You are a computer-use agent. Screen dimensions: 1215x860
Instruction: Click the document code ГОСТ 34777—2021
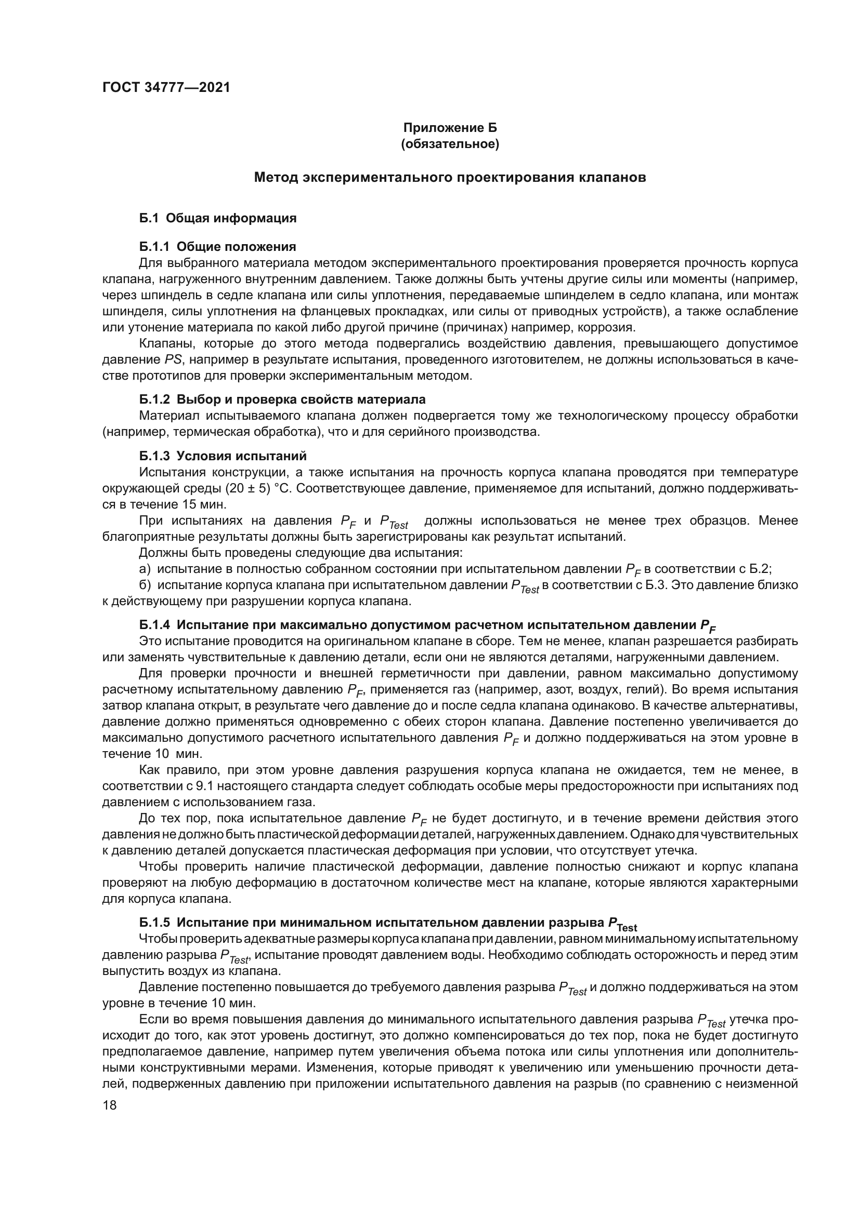(166, 87)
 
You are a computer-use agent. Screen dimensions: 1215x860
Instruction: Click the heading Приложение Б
(450, 128)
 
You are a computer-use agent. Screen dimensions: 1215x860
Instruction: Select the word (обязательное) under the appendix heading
(450, 144)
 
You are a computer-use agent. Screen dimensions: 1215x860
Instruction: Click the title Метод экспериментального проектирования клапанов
(450, 177)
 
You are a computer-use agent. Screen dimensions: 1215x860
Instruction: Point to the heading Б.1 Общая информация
(218, 218)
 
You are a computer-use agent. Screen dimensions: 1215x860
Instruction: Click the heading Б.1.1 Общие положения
(218, 247)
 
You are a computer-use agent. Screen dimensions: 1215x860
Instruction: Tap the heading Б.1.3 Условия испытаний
(223, 456)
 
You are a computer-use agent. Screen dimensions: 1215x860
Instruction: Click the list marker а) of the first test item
(145, 569)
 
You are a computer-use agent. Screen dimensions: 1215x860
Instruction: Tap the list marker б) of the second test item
(145, 585)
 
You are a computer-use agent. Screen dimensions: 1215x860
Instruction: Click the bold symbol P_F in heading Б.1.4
(708, 626)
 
